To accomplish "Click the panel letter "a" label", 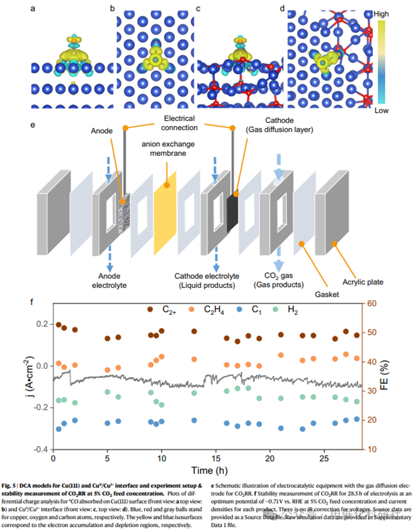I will pyautogui.click(x=33, y=8).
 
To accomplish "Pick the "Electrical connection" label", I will pyautogui.click(x=178, y=122).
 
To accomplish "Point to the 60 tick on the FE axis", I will pyautogui.click(x=371, y=303).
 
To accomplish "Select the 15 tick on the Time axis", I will pyautogui.click(x=216, y=458).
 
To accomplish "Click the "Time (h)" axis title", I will pyautogui.click(x=209, y=470).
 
